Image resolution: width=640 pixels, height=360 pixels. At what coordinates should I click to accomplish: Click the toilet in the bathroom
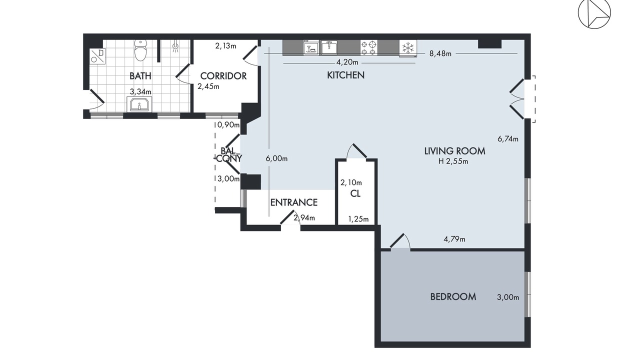pos(140,50)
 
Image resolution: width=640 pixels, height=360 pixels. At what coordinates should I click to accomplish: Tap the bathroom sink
pos(139,103)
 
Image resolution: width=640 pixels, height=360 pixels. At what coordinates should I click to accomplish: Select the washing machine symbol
pos(97,55)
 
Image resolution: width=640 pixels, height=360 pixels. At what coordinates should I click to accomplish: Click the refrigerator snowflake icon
pos(407,47)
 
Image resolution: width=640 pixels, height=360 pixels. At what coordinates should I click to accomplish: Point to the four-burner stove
pos(368,47)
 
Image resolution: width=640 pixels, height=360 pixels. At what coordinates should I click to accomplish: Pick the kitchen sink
pos(329,47)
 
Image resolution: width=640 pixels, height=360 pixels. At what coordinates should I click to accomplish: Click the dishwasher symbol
pos(311,47)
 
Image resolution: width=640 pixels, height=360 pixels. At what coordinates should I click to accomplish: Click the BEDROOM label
pos(453,297)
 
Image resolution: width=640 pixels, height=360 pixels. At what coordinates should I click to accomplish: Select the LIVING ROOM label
pos(454,151)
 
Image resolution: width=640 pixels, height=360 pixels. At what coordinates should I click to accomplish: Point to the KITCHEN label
pos(345,75)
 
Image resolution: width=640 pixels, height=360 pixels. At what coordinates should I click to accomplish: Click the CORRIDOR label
pos(223,76)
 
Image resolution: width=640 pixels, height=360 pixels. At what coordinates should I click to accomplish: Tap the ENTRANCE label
pos(293,202)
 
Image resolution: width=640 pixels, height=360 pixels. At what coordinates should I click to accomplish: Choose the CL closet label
pos(355,193)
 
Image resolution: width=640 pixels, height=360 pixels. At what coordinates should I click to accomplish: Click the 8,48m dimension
pos(440,53)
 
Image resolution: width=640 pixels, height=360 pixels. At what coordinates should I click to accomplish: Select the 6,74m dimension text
pos(507,139)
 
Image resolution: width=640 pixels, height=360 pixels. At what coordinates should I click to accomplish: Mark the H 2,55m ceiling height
pos(453,161)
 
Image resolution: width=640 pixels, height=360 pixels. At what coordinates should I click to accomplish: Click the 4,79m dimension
pos(454,239)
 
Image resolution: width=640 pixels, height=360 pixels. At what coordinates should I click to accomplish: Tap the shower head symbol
pos(175,47)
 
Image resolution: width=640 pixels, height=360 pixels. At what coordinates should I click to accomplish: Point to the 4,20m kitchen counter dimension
pos(347,62)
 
